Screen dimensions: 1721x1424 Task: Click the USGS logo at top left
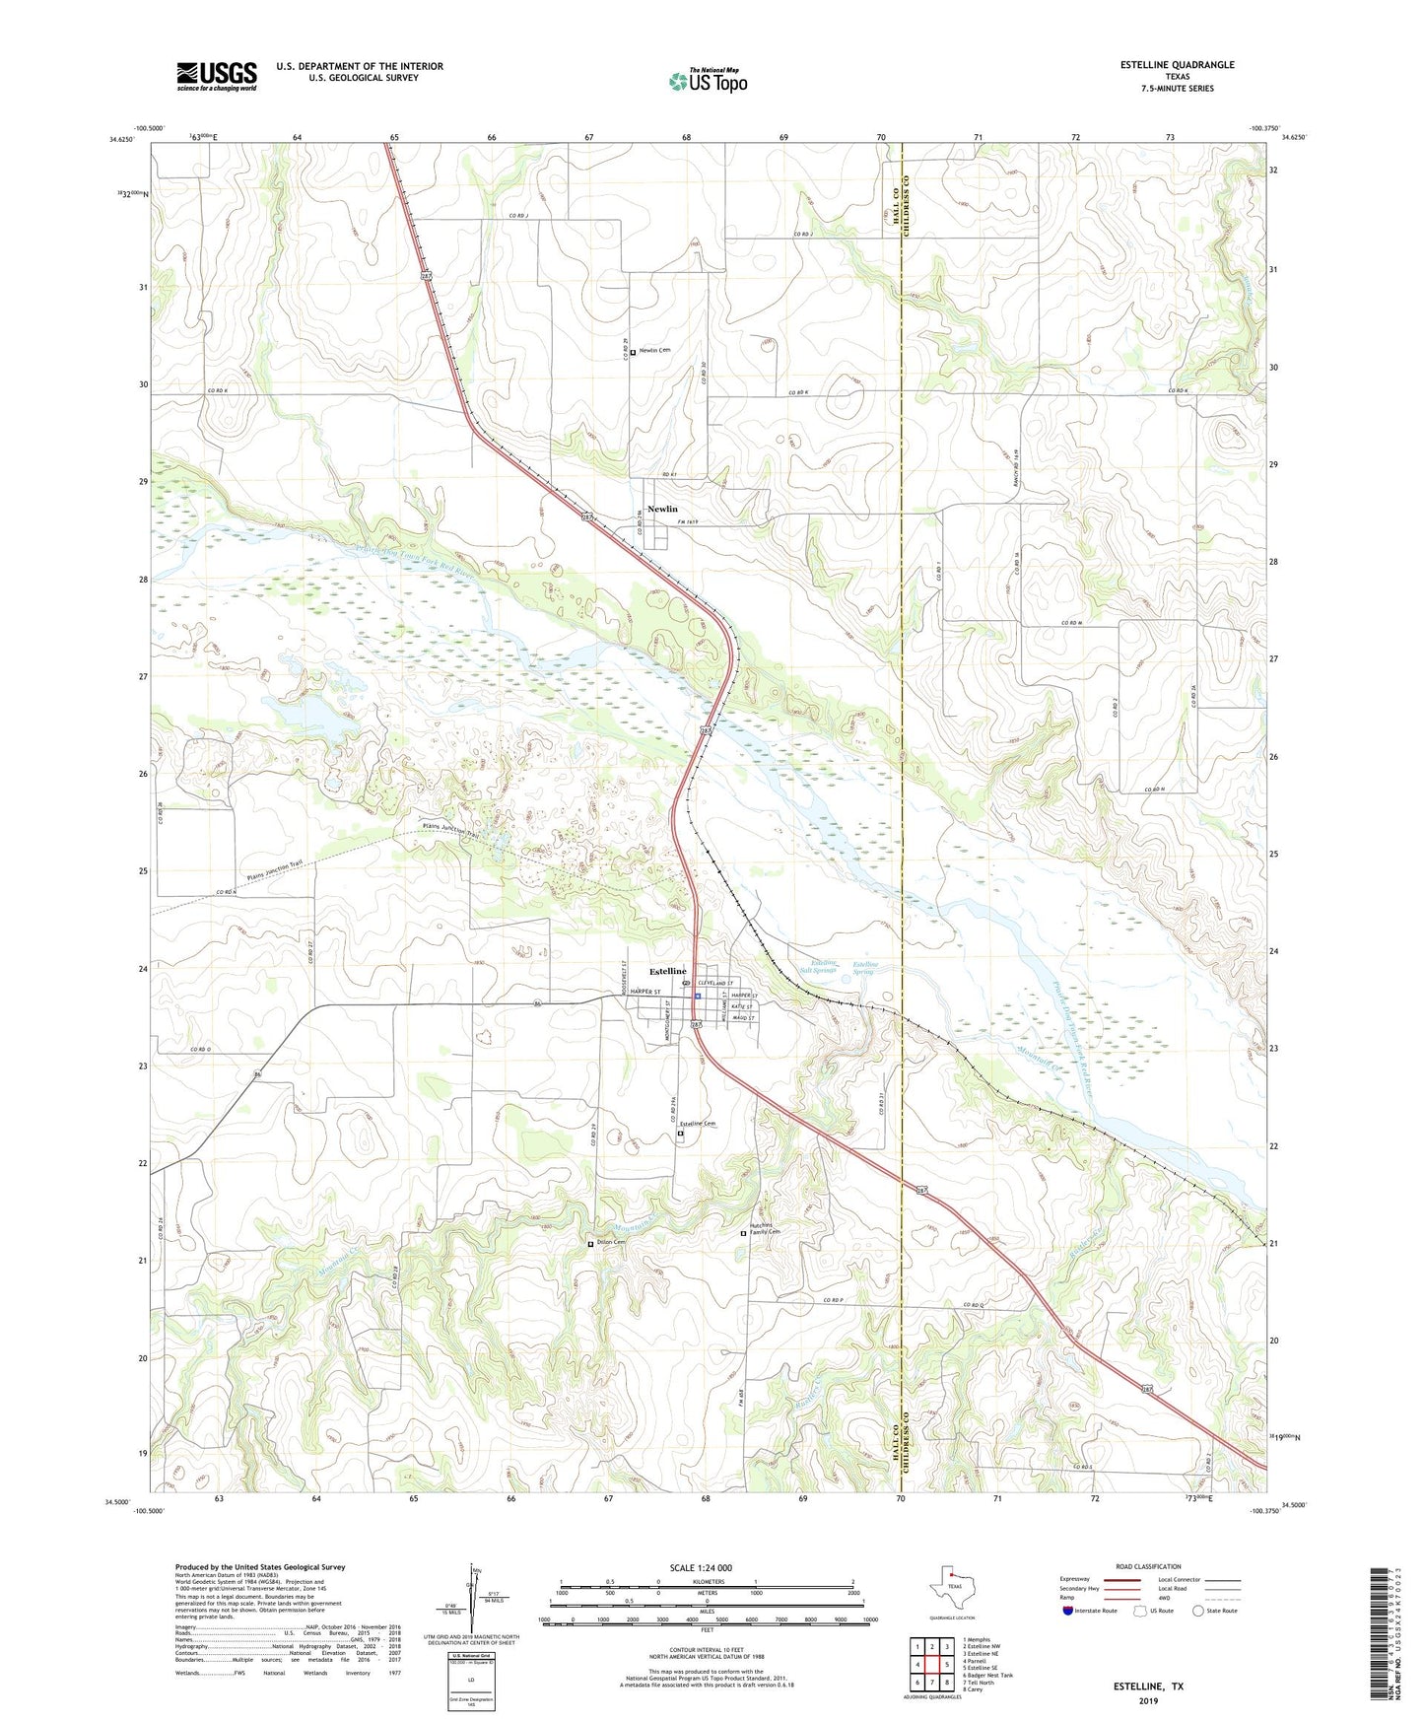tap(217, 76)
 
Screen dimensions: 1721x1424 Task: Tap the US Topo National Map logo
tap(708, 81)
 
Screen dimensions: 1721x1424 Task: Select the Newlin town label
tap(662, 509)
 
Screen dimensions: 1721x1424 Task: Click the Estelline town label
tap(668, 971)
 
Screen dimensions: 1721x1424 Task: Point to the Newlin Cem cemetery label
tap(660, 351)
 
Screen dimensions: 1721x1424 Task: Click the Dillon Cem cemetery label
tap(611, 1242)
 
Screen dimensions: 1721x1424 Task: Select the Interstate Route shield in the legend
tap(1069, 1611)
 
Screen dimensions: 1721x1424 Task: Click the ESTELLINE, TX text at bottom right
tap(1148, 1687)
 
